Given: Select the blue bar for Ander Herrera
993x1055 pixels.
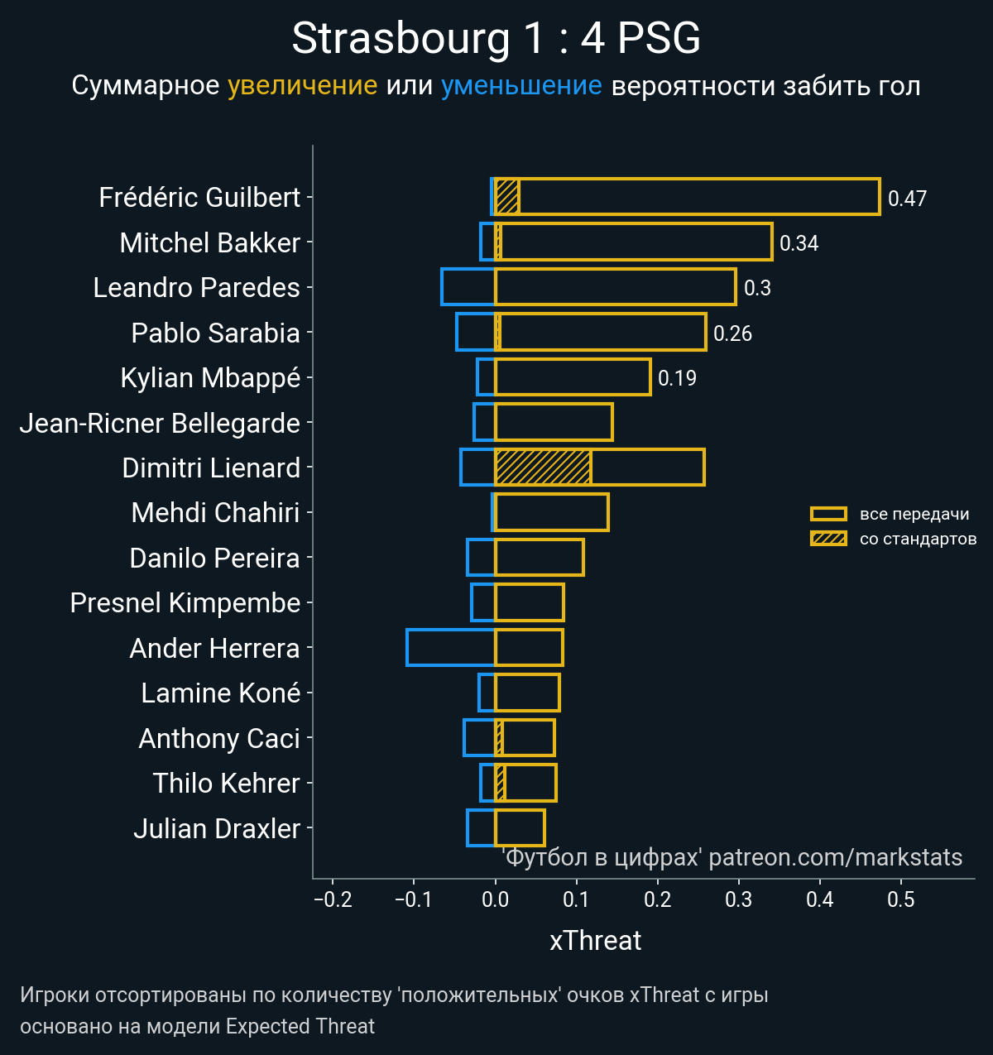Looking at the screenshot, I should click(450, 647).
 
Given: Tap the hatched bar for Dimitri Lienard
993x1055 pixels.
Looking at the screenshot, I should click(543, 468).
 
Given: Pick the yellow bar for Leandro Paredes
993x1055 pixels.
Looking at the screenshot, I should click(615, 287).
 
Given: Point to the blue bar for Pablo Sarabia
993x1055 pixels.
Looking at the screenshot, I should click(476, 332).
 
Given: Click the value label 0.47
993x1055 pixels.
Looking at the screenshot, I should click(907, 199).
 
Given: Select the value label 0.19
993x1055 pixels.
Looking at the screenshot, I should click(677, 378).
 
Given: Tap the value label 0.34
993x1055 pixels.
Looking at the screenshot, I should click(799, 243).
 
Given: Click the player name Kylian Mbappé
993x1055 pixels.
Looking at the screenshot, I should click(210, 377).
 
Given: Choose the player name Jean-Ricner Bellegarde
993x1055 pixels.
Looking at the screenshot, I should click(160, 423).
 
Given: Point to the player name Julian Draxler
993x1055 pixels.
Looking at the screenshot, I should click(217, 828).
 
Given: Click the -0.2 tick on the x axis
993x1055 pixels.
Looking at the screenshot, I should click(333, 899).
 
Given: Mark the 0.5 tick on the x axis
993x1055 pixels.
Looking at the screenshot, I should click(901, 899).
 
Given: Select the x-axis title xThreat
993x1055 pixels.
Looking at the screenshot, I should click(595, 941).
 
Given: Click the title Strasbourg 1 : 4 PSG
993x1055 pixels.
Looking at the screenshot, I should click(496, 39).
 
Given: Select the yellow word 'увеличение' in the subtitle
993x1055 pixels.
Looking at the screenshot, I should click(302, 85).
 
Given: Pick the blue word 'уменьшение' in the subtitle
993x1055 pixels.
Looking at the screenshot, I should click(521, 85).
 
